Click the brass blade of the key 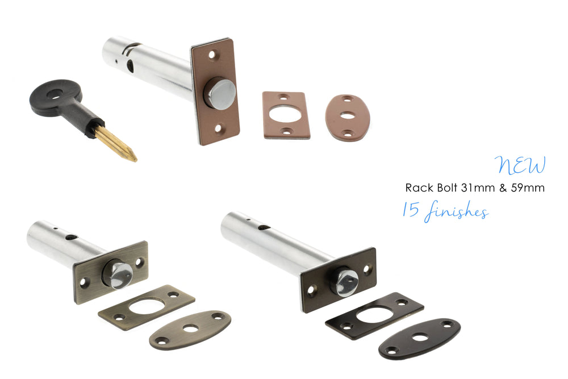[x=115, y=144]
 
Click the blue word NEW [x=520, y=165]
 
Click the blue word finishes [x=457, y=211]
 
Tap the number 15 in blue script [x=411, y=209]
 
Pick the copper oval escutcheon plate [x=348, y=118]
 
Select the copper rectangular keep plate [x=286, y=115]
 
